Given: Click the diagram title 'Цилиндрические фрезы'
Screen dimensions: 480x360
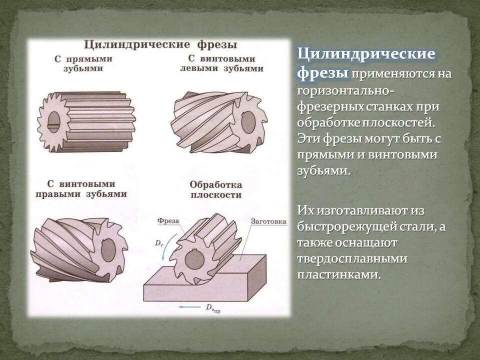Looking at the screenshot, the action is pyautogui.click(x=159, y=44).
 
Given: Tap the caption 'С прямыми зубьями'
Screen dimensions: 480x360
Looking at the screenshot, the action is pyautogui.click(x=83, y=63).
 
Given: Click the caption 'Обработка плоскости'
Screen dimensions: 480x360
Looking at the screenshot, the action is pyautogui.click(x=215, y=189).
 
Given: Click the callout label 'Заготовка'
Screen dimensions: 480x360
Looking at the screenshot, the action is pyautogui.click(x=268, y=221).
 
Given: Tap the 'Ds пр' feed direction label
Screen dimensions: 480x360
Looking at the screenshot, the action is pyautogui.click(x=213, y=307).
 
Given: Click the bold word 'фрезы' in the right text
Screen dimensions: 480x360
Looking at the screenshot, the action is pyautogui.click(x=322, y=72).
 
